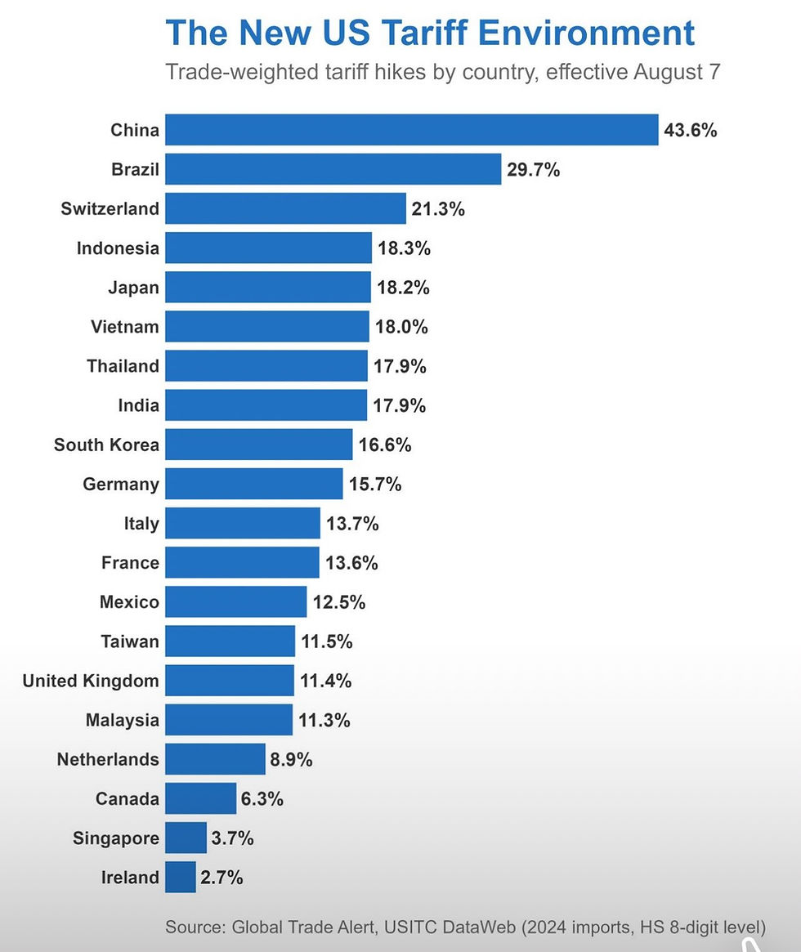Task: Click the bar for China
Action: (411, 130)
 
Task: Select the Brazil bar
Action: (333, 169)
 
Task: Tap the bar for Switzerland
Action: (285, 208)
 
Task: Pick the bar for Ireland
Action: (181, 878)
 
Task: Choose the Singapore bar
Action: (186, 838)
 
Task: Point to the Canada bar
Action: (200, 798)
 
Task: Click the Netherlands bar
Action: (215, 759)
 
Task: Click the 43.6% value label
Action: (691, 130)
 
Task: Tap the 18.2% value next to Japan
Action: (403, 288)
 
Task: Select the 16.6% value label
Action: (385, 445)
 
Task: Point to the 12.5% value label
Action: (338, 603)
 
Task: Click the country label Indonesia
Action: (118, 248)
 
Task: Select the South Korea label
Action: (106, 445)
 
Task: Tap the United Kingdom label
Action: (91, 681)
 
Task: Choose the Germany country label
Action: (121, 485)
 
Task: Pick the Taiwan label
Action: (130, 641)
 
